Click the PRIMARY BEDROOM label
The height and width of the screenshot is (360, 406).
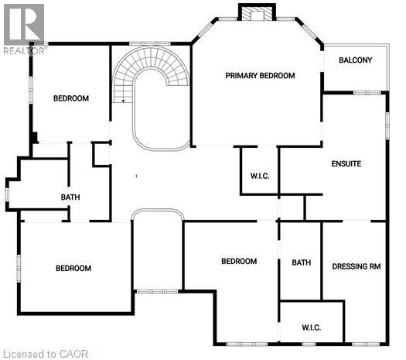coord(260,76)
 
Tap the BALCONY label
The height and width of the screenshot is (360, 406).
coord(355,60)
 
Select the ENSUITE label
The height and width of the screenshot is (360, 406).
coord(346,164)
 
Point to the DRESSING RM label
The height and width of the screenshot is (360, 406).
coord(357,266)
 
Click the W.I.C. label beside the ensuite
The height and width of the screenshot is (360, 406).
coord(260,177)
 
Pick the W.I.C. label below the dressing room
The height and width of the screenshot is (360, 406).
coord(311,327)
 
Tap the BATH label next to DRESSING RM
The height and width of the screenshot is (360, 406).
coord(302,262)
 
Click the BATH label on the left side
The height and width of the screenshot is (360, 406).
coord(70,197)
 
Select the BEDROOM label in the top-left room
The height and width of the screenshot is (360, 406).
coord(71,98)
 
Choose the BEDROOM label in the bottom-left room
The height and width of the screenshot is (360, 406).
coord(73,268)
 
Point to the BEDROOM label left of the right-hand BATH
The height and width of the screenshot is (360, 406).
coord(239,261)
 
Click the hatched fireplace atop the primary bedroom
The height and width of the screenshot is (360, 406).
coord(257,12)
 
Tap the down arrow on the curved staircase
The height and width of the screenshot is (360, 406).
coord(123,101)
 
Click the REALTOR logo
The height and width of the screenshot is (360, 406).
coord(24,29)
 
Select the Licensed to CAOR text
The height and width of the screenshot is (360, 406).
coord(46,354)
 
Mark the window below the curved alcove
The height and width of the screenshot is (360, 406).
coord(157,291)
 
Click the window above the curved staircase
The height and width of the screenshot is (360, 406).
coord(150,43)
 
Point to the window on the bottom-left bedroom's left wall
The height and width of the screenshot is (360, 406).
coord(19,269)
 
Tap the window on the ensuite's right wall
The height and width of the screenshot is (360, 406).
coord(387,125)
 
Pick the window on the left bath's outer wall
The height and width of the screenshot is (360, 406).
coord(7,194)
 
